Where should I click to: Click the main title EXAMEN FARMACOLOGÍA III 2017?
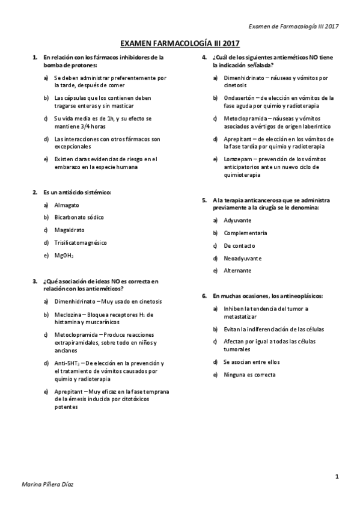pos(180,44)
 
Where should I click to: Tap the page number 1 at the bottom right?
pos(338,476)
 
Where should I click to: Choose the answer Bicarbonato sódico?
pos(79,217)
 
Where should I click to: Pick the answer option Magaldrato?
pos(69,230)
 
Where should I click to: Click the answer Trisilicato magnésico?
pos(81,242)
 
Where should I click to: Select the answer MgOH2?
pos(64,255)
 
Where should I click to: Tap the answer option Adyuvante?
pos(237,220)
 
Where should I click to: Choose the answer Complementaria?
pos(245,233)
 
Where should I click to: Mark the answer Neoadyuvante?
pos(242,258)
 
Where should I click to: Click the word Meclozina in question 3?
pos(67,314)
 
